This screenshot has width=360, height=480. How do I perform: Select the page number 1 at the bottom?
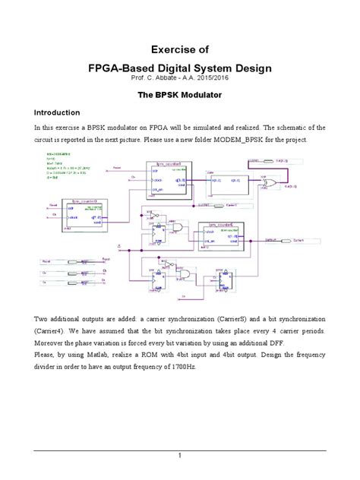[180, 455]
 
